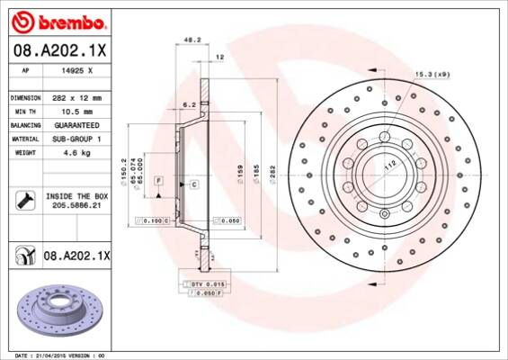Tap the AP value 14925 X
(x=76, y=69)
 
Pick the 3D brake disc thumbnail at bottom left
(x=54, y=314)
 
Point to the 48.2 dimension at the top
(x=191, y=40)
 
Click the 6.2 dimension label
(x=189, y=105)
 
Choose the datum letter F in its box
(x=157, y=181)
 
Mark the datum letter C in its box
(x=193, y=184)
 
